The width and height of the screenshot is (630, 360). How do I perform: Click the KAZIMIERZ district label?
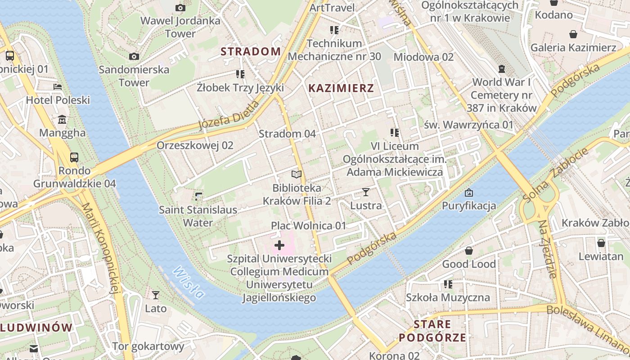pyautogui.click(x=341, y=88)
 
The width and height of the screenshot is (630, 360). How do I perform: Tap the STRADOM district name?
pyautogui.click(x=251, y=51)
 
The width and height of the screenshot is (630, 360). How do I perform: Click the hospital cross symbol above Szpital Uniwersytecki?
pyautogui.click(x=279, y=245)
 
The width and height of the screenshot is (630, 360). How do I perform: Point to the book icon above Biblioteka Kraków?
pyautogui.click(x=296, y=174)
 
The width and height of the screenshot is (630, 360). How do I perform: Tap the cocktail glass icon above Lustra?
pyautogui.click(x=365, y=192)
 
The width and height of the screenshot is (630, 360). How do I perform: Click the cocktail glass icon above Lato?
pyautogui.click(x=156, y=295)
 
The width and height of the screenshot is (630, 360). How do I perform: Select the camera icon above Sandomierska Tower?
pyautogui.click(x=134, y=56)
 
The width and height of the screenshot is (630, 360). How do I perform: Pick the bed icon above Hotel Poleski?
pyautogui.click(x=58, y=87)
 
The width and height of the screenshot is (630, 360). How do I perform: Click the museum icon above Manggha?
pyautogui.click(x=62, y=120)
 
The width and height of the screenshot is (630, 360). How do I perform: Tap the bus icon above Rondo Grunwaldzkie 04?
pyautogui.click(x=74, y=157)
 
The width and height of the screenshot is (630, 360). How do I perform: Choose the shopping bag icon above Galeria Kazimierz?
pyautogui.click(x=573, y=34)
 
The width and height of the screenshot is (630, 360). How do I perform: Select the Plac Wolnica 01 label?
pyautogui.click(x=308, y=225)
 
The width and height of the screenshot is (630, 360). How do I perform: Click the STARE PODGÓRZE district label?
pyautogui.click(x=432, y=331)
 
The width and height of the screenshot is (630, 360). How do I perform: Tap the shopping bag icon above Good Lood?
pyautogui.click(x=469, y=251)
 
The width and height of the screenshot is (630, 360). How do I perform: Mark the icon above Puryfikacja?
pyautogui.click(x=469, y=193)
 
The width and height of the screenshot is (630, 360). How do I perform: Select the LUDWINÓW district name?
pyautogui.click(x=36, y=327)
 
